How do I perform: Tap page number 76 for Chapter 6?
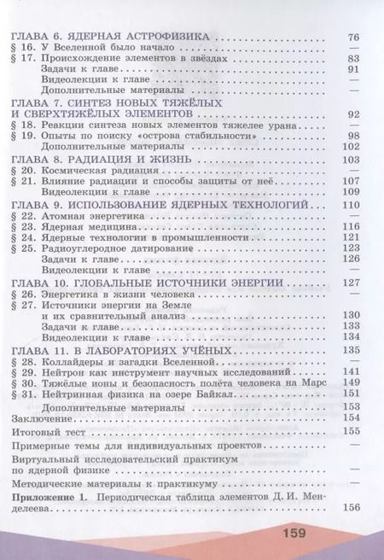[x=354, y=38]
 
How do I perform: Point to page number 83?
[x=354, y=59]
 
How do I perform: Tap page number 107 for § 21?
[x=352, y=182]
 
